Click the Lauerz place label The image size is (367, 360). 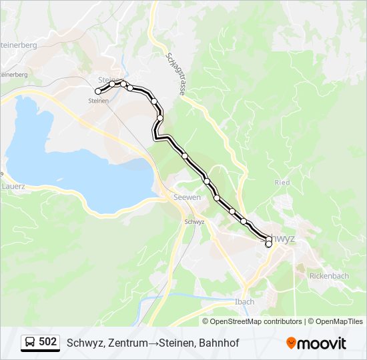pyautogui.click(x=13, y=187)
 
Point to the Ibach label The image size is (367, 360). pyautogui.click(x=245, y=301)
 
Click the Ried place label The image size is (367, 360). pyautogui.click(x=282, y=182)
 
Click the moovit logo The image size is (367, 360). pyautogui.click(x=316, y=343)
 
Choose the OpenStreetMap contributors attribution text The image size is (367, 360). pyautogui.click(x=256, y=321)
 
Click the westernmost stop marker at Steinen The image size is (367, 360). pyautogui.click(x=98, y=91)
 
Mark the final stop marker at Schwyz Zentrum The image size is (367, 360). pyautogui.click(x=268, y=245)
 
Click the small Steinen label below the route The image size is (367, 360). pyautogui.click(x=98, y=101)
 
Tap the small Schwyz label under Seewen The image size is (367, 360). pyautogui.click(x=194, y=221)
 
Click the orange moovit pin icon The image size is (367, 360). pyautogui.click(x=291, y=343)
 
